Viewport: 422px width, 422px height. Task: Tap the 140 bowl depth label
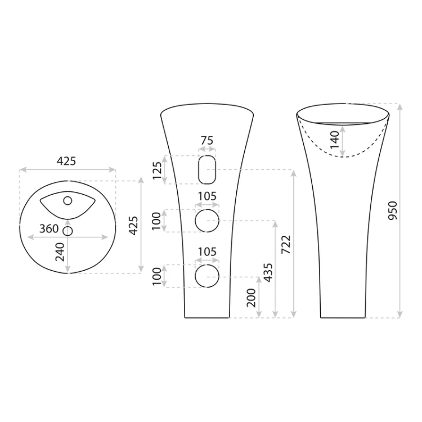pyautogui.click(x=335, y=140)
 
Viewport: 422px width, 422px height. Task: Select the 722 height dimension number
pyautogui.click(x=286, y=244)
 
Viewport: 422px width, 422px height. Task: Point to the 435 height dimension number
pyautogui.click(x=268, y=273)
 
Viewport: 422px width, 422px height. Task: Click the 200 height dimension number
pyautogui.click(x=252, y=298)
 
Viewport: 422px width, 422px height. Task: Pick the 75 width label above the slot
pyautogui.click(x=207, y=141)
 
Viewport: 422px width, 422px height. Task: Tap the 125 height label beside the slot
pyautogui.click(x=157, y=170)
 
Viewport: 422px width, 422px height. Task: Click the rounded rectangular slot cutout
pyautogui.click(x=207, y=170)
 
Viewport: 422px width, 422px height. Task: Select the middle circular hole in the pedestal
pyautogui.click(x=207, y=221)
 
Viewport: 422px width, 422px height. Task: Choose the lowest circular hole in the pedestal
pyautogui.click(x=207, y=276)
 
